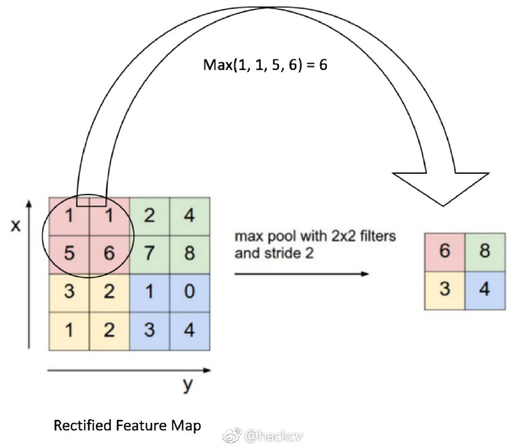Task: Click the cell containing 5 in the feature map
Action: click(x=69, y=254)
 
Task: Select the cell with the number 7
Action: click(x=149, y=254)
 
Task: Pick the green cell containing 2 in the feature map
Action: click(x=149, y=216)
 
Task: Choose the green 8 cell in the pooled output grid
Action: click(x=485, y=252)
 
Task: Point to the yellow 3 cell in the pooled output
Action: click(x=445, y=291)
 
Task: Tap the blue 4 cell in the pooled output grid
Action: click(x=485, y=291)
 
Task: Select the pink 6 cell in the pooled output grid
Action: click(x=445, y=252)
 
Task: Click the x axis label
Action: click(x=16, y=226)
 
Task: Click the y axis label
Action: click(x=188, y=385)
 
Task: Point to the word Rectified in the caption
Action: click(x=82, y=426)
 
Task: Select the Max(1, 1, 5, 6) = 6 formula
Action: click(x=265, y=65)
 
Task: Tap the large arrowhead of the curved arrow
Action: click(x=441, y=188)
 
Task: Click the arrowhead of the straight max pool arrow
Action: click(x=364, y=274)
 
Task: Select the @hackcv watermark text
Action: click(x=274, y=437)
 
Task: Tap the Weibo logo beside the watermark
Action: click(x=233, y=436)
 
